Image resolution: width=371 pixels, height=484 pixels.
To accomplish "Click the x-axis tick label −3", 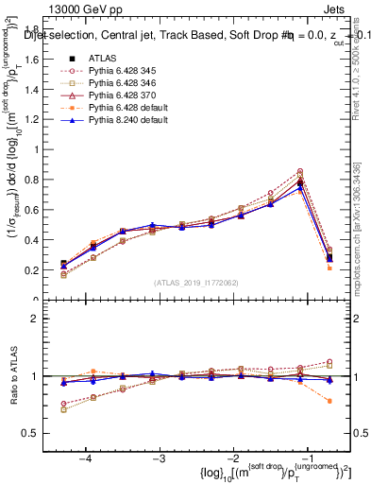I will tap(160, 458).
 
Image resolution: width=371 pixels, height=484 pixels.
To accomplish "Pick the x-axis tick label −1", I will tap(309, 458).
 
